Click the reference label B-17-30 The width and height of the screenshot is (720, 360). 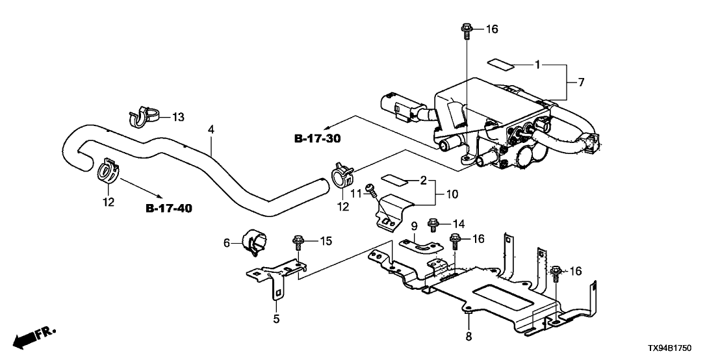318,138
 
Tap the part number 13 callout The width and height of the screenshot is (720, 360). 178,117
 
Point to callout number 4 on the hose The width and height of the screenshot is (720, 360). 211,130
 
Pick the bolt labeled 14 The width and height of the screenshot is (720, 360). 433,225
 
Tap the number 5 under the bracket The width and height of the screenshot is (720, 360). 276,318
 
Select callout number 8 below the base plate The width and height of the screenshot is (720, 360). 469,337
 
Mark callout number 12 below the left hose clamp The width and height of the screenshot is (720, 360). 109,202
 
